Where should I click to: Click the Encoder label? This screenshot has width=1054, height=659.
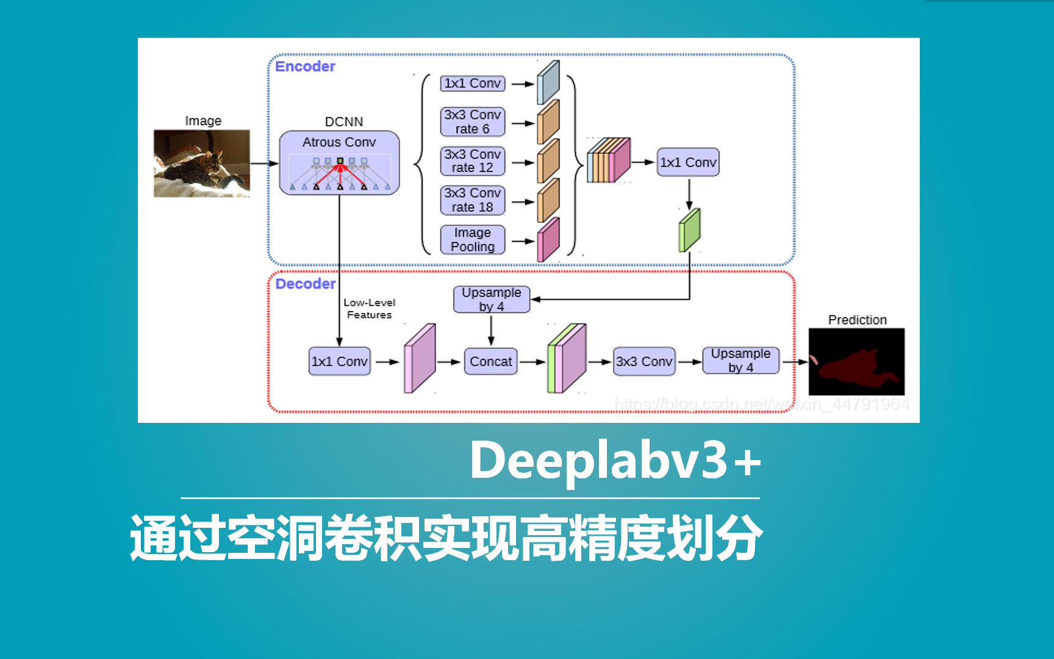pos(305,67)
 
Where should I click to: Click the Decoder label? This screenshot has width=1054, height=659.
pos(305,284)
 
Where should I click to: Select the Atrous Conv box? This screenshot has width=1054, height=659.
pos(339,162)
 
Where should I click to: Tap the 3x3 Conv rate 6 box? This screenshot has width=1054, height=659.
pos(473,121)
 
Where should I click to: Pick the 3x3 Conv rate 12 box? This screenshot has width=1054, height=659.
pos(473,161)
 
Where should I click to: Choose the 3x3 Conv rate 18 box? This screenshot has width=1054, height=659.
pos(473,200)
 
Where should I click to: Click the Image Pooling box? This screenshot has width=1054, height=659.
pos(473,240)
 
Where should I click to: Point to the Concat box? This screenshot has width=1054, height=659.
pos(490,361)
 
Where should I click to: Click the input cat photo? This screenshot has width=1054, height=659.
pos(202,163)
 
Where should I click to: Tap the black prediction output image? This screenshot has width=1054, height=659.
pos(856,362)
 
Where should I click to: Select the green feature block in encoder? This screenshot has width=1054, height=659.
pos(689,230)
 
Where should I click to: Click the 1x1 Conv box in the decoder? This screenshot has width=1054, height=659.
pos(340,361)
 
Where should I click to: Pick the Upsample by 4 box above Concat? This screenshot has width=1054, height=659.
pos(492,300)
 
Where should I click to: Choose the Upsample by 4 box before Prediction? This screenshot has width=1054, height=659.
pos(740,361)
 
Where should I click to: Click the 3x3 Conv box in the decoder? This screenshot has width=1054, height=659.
pos(644,361)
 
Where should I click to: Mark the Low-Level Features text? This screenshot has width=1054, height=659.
pos(369,309)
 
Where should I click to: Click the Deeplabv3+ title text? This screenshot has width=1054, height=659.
pos(615,461)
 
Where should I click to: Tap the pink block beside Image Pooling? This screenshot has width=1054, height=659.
pos(548,240)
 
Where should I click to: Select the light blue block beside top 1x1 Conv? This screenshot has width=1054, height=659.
pos(548,83)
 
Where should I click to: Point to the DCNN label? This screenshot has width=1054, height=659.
pos(344,121)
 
